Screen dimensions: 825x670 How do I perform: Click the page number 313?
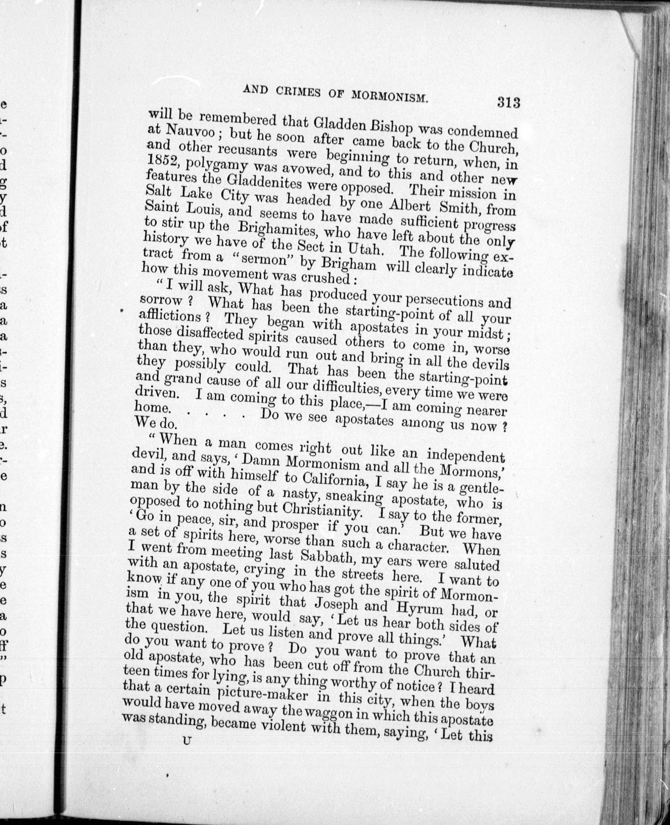(509, 103)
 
